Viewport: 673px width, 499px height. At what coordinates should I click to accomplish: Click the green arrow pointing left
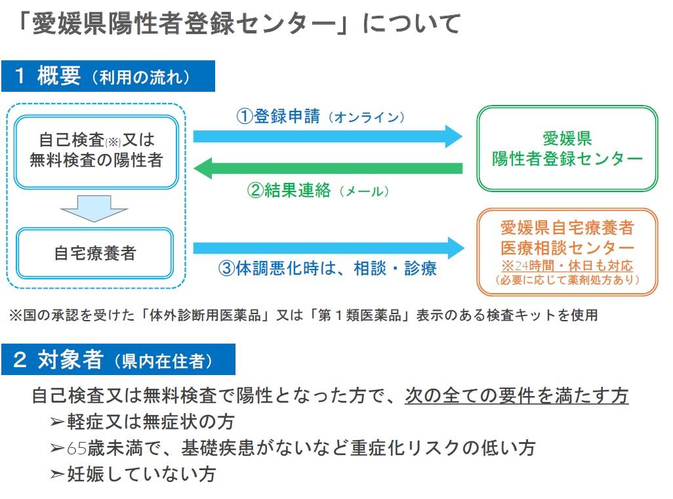pyautogui.click(x=328, y=169)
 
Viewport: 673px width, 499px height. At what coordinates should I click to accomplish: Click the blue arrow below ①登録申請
pyautogui.click(x=328, y=136)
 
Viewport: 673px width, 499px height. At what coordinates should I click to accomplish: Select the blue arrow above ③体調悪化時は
pyautogui.click(x=329, y=248)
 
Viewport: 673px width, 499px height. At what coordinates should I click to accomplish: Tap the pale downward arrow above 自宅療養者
pyautogui.click(x=94, y=209)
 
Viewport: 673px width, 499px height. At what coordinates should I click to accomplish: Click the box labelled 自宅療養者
pyautogui.click(x=95, y=253)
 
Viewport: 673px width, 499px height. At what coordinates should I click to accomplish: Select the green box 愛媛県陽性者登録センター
pyautogui.click(x=567, y=148)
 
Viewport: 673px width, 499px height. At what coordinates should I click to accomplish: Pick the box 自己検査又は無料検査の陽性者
pyautogui.click(x=96, y=152)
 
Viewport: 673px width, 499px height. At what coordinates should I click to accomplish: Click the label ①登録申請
pyautogui.click(x=278, y=116)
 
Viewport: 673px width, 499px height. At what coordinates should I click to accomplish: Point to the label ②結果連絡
pyautogui.click(x=289, y=190)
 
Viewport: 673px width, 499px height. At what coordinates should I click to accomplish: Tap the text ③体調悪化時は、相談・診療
pyautogui.click(x=327, y=269)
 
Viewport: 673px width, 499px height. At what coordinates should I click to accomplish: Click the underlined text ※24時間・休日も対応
pyautogui.click(x=567, y=265)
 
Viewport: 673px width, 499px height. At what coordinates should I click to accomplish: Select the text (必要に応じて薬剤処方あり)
pyautogui.click(x=567, y=280)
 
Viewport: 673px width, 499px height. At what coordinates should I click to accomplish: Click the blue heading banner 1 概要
pyautogui.click(x=108, y=76)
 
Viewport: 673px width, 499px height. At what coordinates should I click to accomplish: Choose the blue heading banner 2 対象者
pyautogui.click(x=119, y=359)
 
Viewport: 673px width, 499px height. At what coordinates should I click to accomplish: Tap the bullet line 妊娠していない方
pyautogui.click(x=133, y=474)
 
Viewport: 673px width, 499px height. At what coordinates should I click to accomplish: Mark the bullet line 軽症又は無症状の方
pyautogui.click(x=142, y=422)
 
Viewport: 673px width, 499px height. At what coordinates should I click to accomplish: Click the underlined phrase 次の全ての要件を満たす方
pyautogui.click(x=517, y=395)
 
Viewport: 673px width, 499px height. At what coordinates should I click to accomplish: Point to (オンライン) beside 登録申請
pyautogui.click(x=367, y=117)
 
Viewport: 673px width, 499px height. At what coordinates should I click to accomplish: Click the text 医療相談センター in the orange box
pyautogui.click(x=567, y=248)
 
